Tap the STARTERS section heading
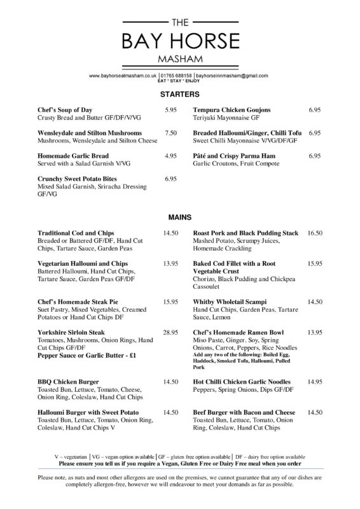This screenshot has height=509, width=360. pyautogui.click(x=180, y=95)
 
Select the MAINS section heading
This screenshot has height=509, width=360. pyautogui.click(x=180, y=217)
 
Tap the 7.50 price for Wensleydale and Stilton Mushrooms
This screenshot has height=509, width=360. pyautogui.click(x=170, y=133)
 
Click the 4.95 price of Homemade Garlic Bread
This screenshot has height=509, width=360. pyautogui.click(x=170, y=156)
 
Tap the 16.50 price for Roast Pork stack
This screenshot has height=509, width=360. pyautogui.click(x=315, y=234)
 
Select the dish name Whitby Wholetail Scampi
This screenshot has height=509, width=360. pyautogui.click(x=230, y=301)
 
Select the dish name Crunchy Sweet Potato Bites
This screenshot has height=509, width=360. pyautogui.click(x=80, y=179)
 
